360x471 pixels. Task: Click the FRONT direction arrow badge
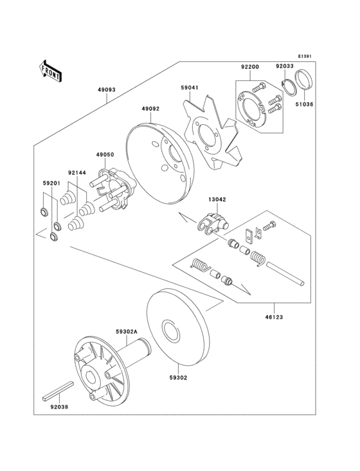[50, 70]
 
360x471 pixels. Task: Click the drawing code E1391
[304, 57]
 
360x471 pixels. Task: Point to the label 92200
[250, 66]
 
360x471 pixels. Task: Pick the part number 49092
[150, 109]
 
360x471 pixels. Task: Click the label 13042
[216, 200]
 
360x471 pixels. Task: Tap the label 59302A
[125, 331]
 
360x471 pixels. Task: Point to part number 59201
[51, 183]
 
